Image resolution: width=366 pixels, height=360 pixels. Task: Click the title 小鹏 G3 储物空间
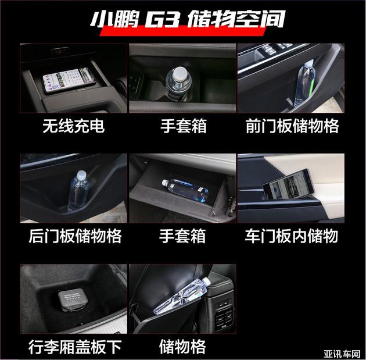188,19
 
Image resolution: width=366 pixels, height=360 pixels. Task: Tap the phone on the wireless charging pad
69,80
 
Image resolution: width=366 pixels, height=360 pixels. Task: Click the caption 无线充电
73,126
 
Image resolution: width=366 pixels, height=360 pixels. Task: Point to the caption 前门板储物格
292,126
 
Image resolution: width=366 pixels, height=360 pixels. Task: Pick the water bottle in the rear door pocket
78,190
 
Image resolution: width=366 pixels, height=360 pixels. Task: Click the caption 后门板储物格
75,236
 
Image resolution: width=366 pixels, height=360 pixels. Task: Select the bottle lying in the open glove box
185,190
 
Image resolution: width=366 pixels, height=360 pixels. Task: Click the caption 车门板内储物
291,236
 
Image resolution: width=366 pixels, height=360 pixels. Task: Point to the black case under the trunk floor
71,300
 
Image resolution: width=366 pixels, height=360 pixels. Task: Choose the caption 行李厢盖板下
75,347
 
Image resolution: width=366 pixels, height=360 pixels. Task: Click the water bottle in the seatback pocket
182,295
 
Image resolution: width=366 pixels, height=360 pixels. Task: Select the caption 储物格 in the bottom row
182,347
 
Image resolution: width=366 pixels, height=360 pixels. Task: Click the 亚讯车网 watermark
342,354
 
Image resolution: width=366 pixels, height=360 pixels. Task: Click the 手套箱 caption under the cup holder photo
184,126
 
